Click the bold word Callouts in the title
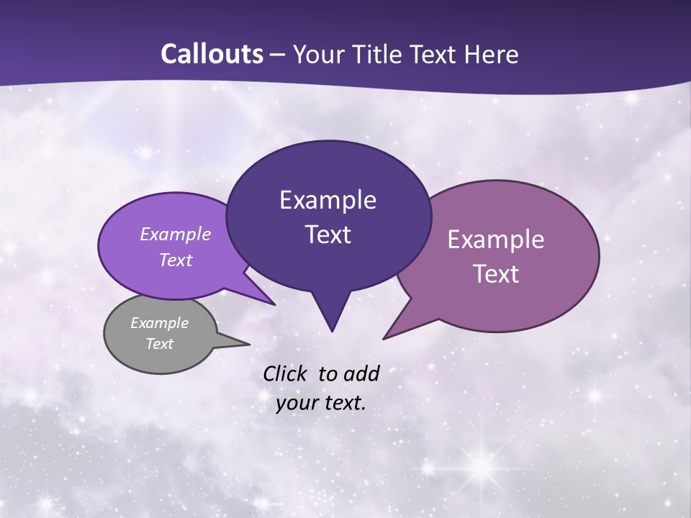point(212,54)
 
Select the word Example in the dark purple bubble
point(328,199)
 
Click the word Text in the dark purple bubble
point(328,234)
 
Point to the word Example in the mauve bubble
point(496,240)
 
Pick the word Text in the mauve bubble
point(496,274)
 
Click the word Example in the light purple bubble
point(176,234)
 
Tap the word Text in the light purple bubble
point(176,260)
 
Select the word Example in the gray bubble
point(159,323)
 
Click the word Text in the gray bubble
point(159,344)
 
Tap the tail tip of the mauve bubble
point(386,337)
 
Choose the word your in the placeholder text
point(297,403)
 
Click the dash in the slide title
point(279,55)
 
